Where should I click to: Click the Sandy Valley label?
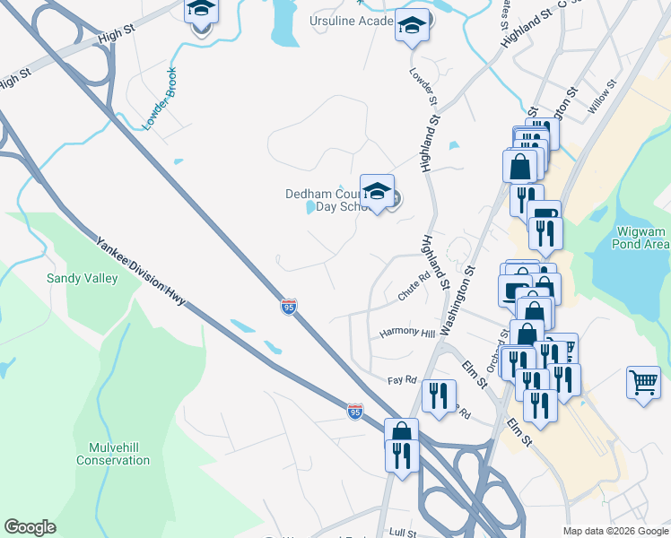83,279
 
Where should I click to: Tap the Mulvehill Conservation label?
113,454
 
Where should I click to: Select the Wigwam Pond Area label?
642,238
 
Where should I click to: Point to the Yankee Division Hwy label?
139,271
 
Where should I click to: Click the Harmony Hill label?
406,332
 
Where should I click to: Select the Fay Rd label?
402,380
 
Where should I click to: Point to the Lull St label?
404,533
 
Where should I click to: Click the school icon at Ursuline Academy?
412,26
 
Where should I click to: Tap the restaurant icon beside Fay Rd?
439,395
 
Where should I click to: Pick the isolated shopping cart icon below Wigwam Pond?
644,382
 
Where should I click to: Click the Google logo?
30,527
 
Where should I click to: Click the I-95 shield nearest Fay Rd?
354,412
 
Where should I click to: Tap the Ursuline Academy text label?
351,21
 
